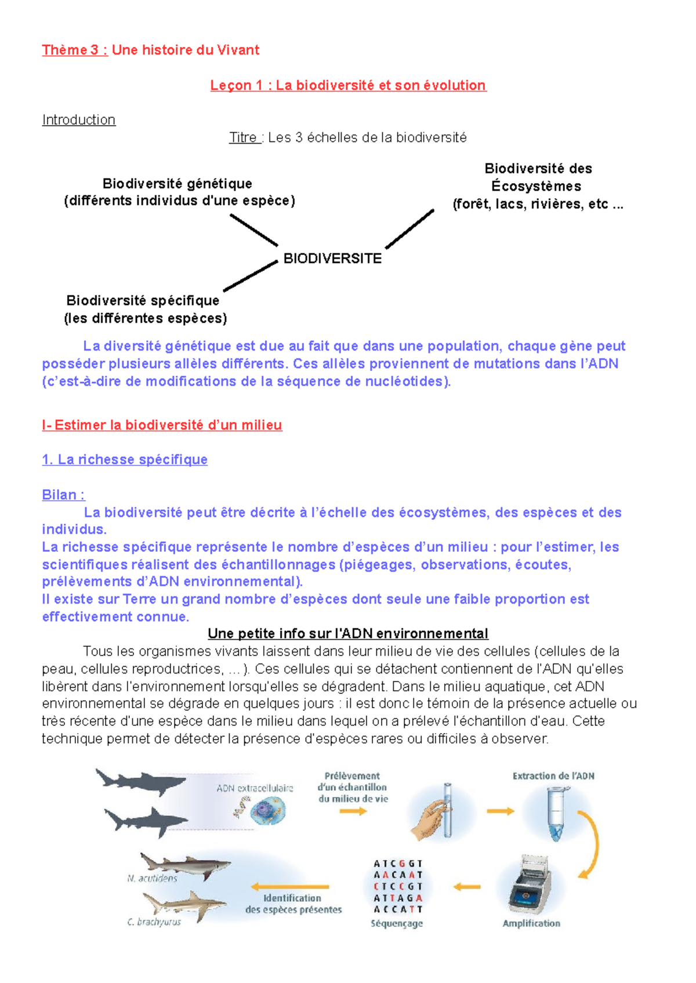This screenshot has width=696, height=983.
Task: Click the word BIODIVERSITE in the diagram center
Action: [x=332, y=259]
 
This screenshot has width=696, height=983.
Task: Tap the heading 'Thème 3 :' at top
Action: [x=75, y=50]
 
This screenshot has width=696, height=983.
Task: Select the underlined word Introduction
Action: [x=79, y=120]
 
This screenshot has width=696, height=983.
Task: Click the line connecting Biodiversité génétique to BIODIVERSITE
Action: [x=254, y=230]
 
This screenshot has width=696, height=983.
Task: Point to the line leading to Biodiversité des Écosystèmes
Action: [x=409, y=229]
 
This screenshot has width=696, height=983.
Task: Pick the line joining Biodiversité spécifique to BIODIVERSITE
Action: [x=251, y=276]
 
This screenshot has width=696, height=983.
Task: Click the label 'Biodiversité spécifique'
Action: [x=143, y=300]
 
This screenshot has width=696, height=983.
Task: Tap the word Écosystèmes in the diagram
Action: [x=536, y=186]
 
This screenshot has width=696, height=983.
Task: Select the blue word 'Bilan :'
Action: [x=63, y=495]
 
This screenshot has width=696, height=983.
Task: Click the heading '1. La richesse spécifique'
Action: [x=125, y=460]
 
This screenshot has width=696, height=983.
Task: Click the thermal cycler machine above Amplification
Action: [x=530, y=883]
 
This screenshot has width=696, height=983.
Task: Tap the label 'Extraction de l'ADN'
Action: [x=553, y=776]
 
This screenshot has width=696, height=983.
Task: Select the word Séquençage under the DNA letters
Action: [x=397, y=923]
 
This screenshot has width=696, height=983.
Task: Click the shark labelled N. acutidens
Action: [x=184, y=865]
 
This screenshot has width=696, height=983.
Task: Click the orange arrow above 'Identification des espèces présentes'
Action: [x=290, y=886]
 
